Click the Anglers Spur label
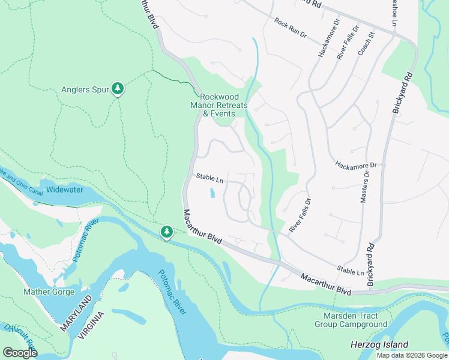[x=85, y=90]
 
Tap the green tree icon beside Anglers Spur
[x=118, y=89]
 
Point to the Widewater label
[x=65, y=190]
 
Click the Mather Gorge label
[x=49, y=292]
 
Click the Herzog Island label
[x=379, y=344]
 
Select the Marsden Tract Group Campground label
[x=351, y=320]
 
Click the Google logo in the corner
[x=20, y=353]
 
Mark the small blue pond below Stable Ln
[x=212, y=193]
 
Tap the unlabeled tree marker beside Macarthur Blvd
[x=166, y=232]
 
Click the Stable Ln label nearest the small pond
[x=209, y=178]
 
